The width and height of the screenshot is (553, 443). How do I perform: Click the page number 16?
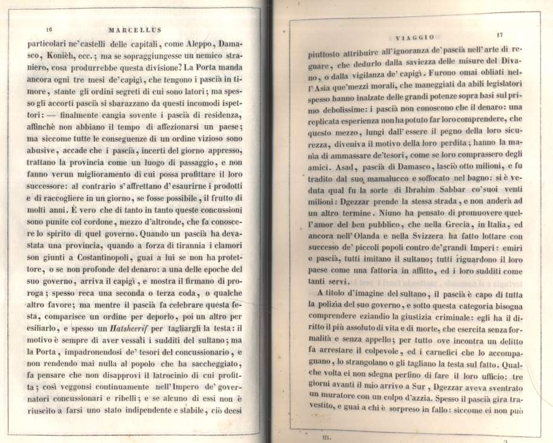(x=50, y=29)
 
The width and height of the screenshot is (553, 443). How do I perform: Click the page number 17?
(x=498, y=36)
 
